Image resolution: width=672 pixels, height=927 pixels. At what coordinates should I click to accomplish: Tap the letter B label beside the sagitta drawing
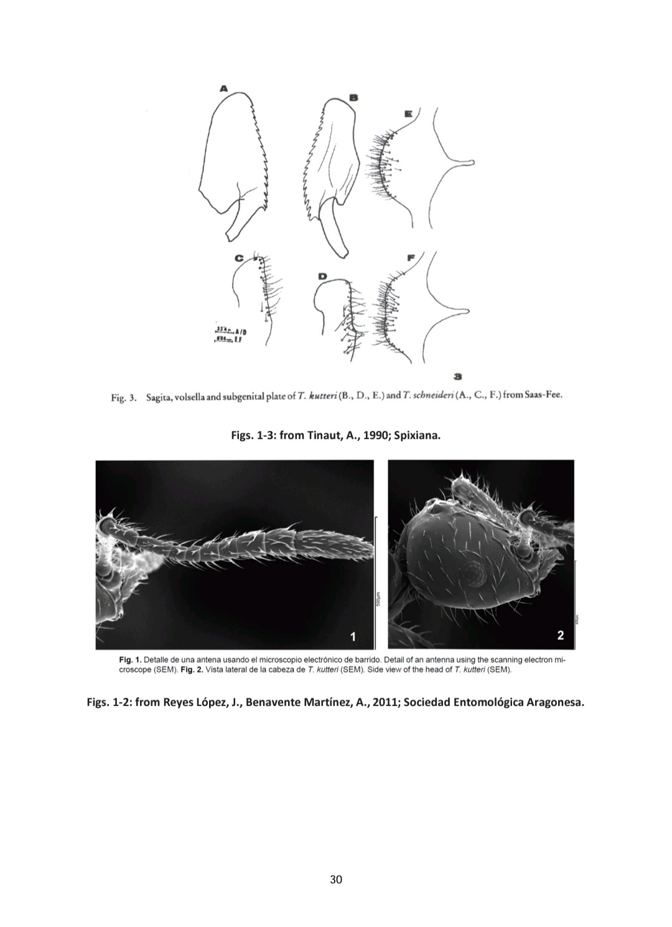pyautogui.click(x=353, y=97)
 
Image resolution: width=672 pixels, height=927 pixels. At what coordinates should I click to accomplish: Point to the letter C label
pyautogui.click(x=239, y=257)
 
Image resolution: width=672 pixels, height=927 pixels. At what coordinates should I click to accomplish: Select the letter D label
pyautogui.click(x=322, y=276)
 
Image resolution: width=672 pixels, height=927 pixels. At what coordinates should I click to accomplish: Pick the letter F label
pyautogui.click(x=410, y=257)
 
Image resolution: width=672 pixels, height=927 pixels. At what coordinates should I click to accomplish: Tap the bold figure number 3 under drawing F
pyautogui.click(x=458, y=376)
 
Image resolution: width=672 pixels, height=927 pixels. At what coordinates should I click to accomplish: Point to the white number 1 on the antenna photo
pyautogui.click(x=353, y=636)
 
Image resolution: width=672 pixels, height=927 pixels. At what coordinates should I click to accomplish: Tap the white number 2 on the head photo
pyautogui.click(x=561, y=635)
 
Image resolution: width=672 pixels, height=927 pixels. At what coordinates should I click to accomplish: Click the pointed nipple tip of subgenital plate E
pyautogui.click(x=473, y=164)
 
